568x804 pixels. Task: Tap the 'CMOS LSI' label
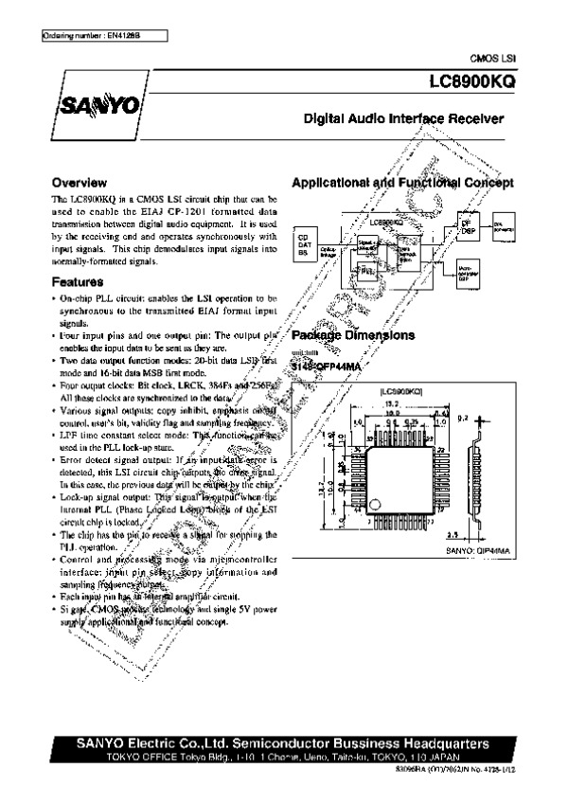pos(499,59)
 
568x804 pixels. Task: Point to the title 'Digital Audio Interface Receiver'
pos(402,119)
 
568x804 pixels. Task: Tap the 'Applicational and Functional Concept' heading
pos(402,182)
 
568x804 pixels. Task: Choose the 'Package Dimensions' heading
pos(352,335)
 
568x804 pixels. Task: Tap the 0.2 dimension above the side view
pos(463,416)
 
